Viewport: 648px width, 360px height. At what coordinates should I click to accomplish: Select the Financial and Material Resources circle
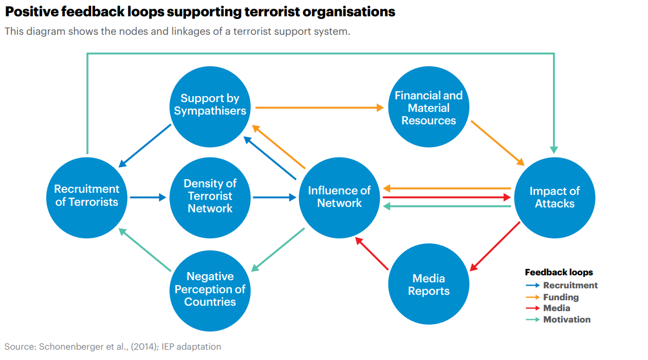point(429,108)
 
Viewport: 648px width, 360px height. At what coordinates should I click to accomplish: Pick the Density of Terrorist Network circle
point(210,196)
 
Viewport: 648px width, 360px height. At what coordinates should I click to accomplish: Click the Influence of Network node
point(339,197)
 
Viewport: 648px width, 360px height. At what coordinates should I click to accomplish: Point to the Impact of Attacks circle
point(554,197)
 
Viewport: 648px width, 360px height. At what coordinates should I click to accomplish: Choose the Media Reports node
point(429,285)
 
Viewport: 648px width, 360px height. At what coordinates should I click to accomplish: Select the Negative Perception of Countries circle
point(210,289)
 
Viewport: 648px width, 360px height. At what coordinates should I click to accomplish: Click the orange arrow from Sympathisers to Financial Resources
point(319,108)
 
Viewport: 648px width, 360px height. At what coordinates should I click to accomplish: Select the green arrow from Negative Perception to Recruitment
point(146,250)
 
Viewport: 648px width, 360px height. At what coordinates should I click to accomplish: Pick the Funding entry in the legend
point(561,297)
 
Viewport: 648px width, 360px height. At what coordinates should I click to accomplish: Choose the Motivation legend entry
point(567,319)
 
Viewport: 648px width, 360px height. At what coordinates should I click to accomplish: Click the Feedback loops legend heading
point(559,273)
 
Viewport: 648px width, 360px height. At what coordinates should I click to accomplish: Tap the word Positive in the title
point(30,11)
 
